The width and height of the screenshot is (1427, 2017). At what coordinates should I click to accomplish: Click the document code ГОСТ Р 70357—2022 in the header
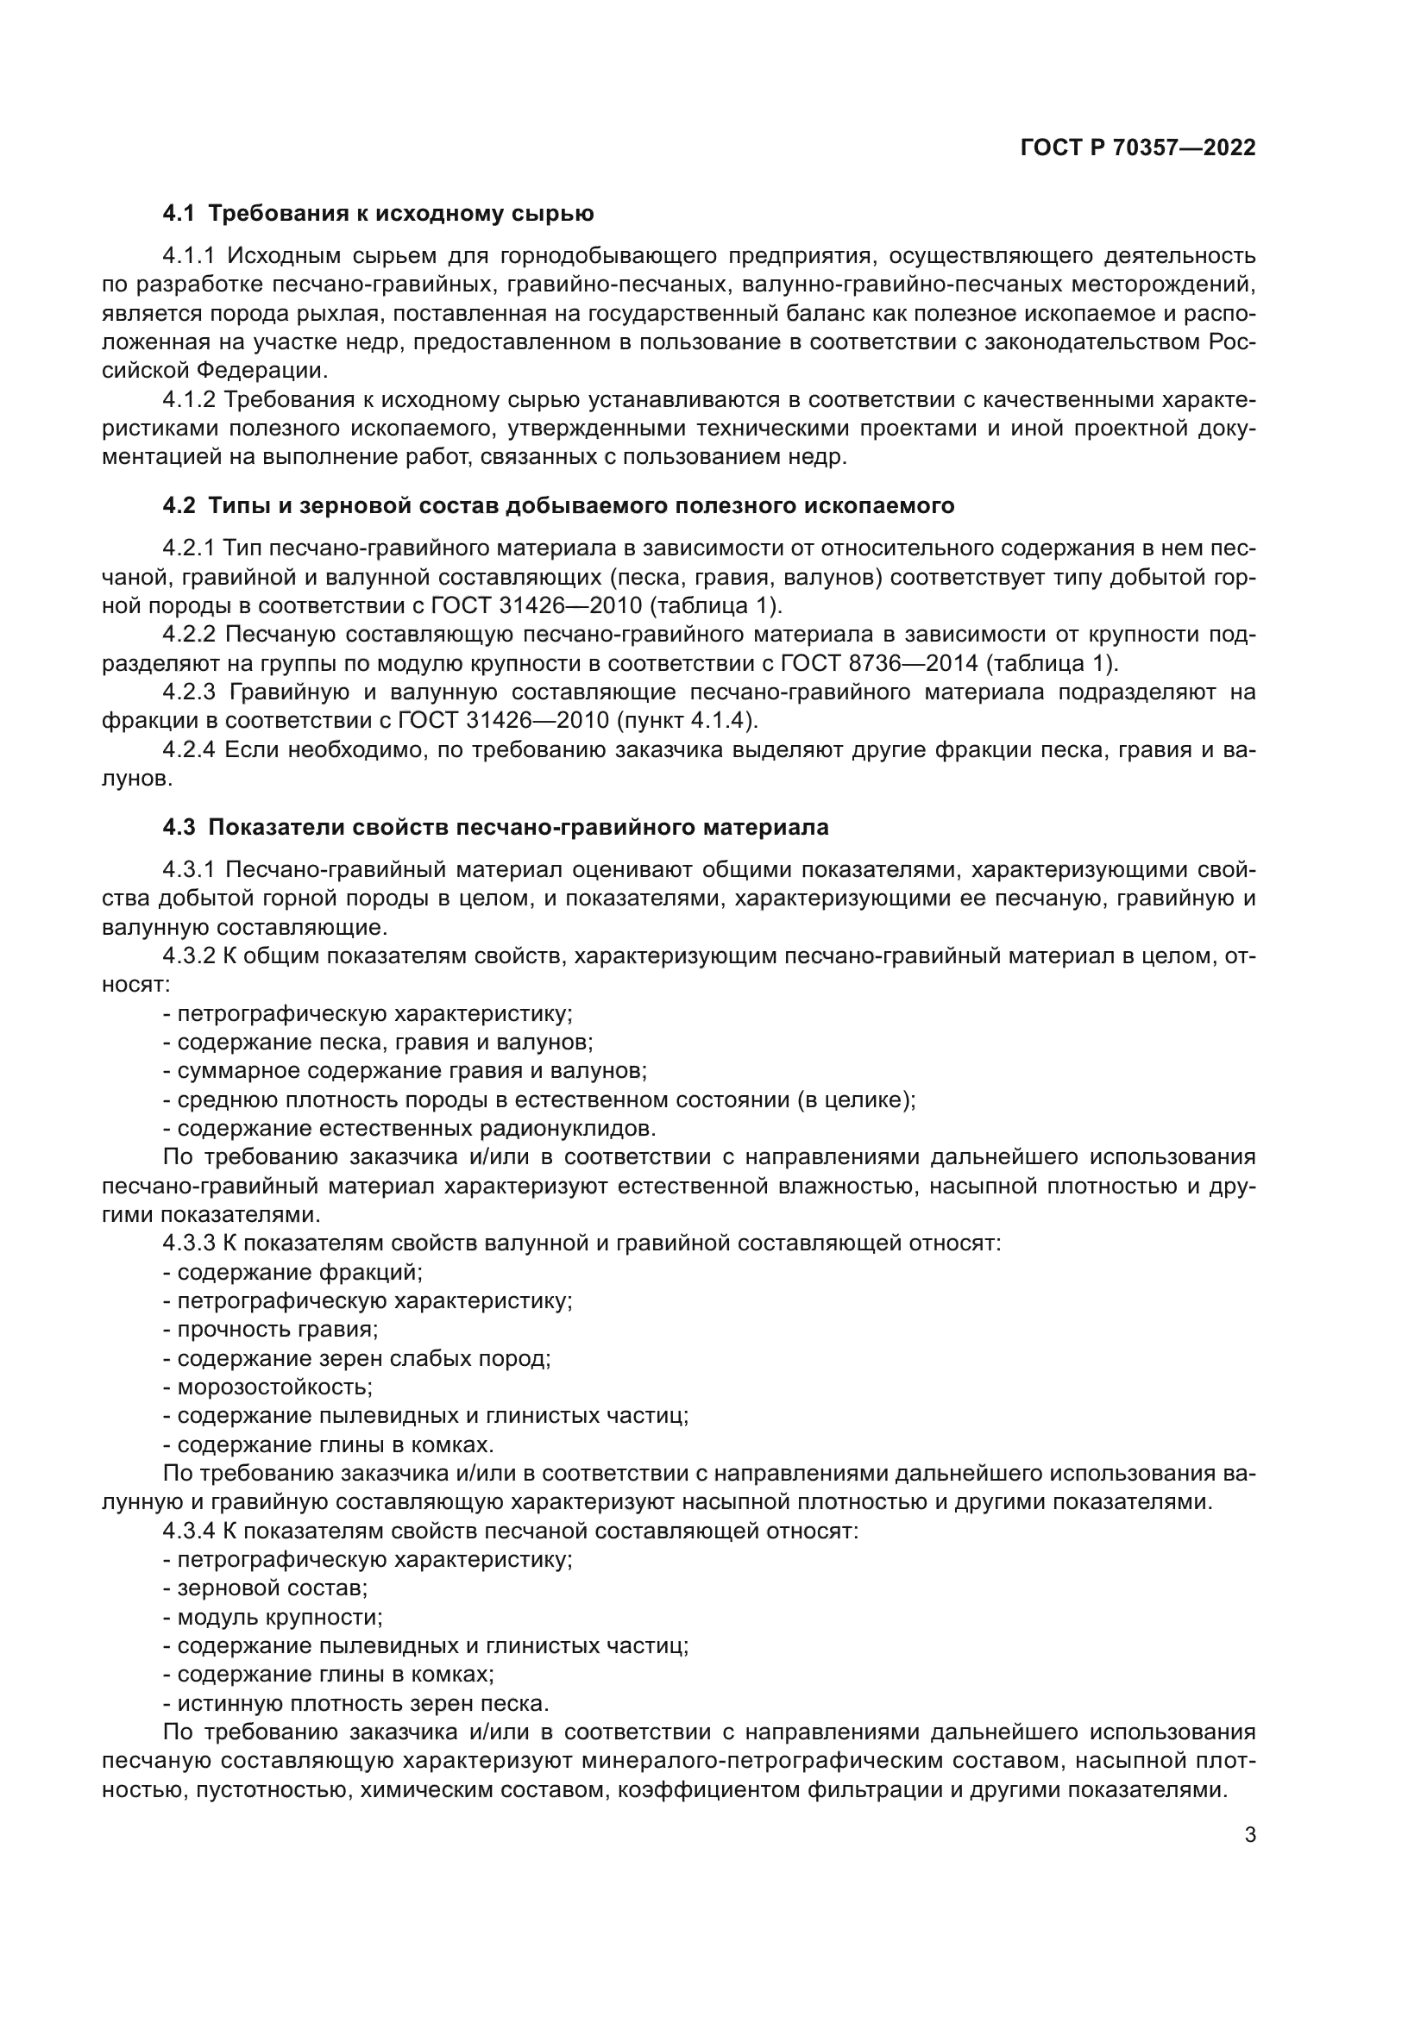click(1137, 147)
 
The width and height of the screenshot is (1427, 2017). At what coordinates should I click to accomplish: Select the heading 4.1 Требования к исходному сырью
click(379, 214)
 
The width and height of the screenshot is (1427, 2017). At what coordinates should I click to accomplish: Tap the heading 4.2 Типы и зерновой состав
click(558, 506)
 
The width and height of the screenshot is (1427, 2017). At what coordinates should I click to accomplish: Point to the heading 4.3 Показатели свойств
click(495, 828)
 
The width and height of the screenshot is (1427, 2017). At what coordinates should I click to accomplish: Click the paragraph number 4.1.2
click(189, 400)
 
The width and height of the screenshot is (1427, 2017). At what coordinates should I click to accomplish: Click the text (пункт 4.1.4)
click(686, 720)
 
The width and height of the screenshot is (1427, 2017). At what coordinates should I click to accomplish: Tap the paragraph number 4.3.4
click(189, 1531)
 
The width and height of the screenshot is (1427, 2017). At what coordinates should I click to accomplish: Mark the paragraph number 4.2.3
click(189, 692)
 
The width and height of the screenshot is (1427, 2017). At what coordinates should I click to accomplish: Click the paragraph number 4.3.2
click(189, 955)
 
